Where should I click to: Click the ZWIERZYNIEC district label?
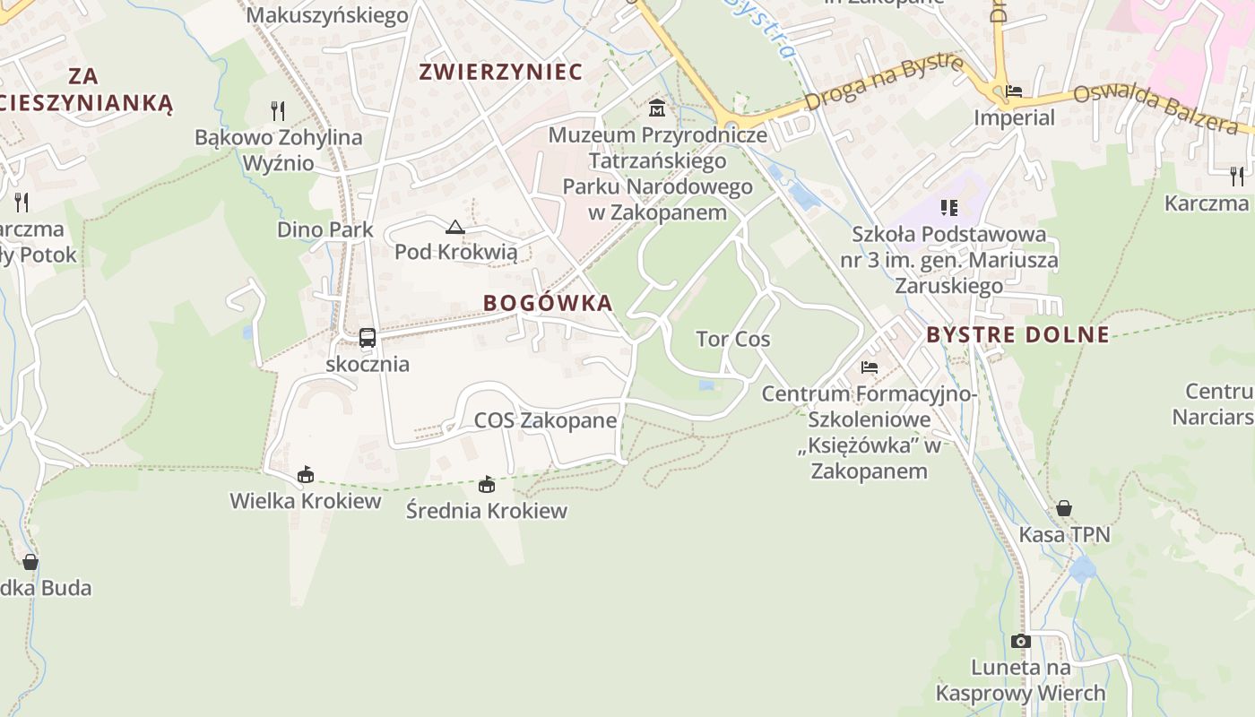coord(500,72)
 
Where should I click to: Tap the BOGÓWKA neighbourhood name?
coord(548,303)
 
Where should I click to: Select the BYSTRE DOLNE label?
coord(1017,335)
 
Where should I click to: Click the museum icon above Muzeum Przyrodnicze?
coord(657,108)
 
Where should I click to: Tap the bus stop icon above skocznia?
coord(367,338)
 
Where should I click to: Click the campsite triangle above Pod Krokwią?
coord(455,227)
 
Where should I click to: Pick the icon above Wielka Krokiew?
coord(306,474)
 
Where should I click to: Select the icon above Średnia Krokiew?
coord(487,485)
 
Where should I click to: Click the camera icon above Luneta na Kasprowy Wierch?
coord(1020,641)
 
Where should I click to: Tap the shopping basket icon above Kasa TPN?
coord(1064,508)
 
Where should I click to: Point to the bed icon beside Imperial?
coord(1014,91)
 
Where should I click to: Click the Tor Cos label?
coord(733,339)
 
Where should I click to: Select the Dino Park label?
coord(325,229)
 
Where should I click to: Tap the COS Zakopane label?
coord(545,420)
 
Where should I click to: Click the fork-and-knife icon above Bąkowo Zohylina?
coord(278,111)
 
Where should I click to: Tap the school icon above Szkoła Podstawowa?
coord(949,208)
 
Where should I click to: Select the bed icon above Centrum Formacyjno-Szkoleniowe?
coord(869,367)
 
